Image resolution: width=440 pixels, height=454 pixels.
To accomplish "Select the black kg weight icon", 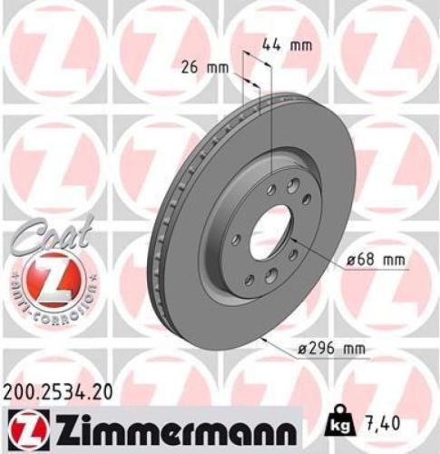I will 337,424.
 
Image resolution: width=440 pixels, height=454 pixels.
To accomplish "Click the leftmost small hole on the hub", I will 235,240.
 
